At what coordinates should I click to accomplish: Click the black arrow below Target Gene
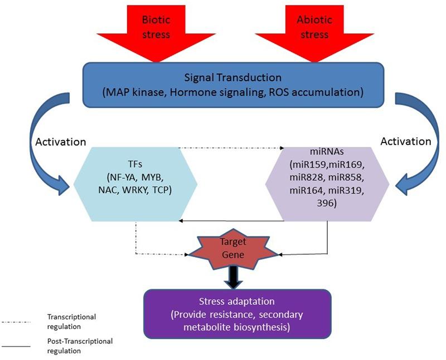pyautogui.click(x=233, y=277)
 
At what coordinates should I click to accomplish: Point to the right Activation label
pyautogui.click(x=405, y=141)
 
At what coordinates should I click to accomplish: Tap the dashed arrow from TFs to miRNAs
pyautogui.click(x=231, y=148)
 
